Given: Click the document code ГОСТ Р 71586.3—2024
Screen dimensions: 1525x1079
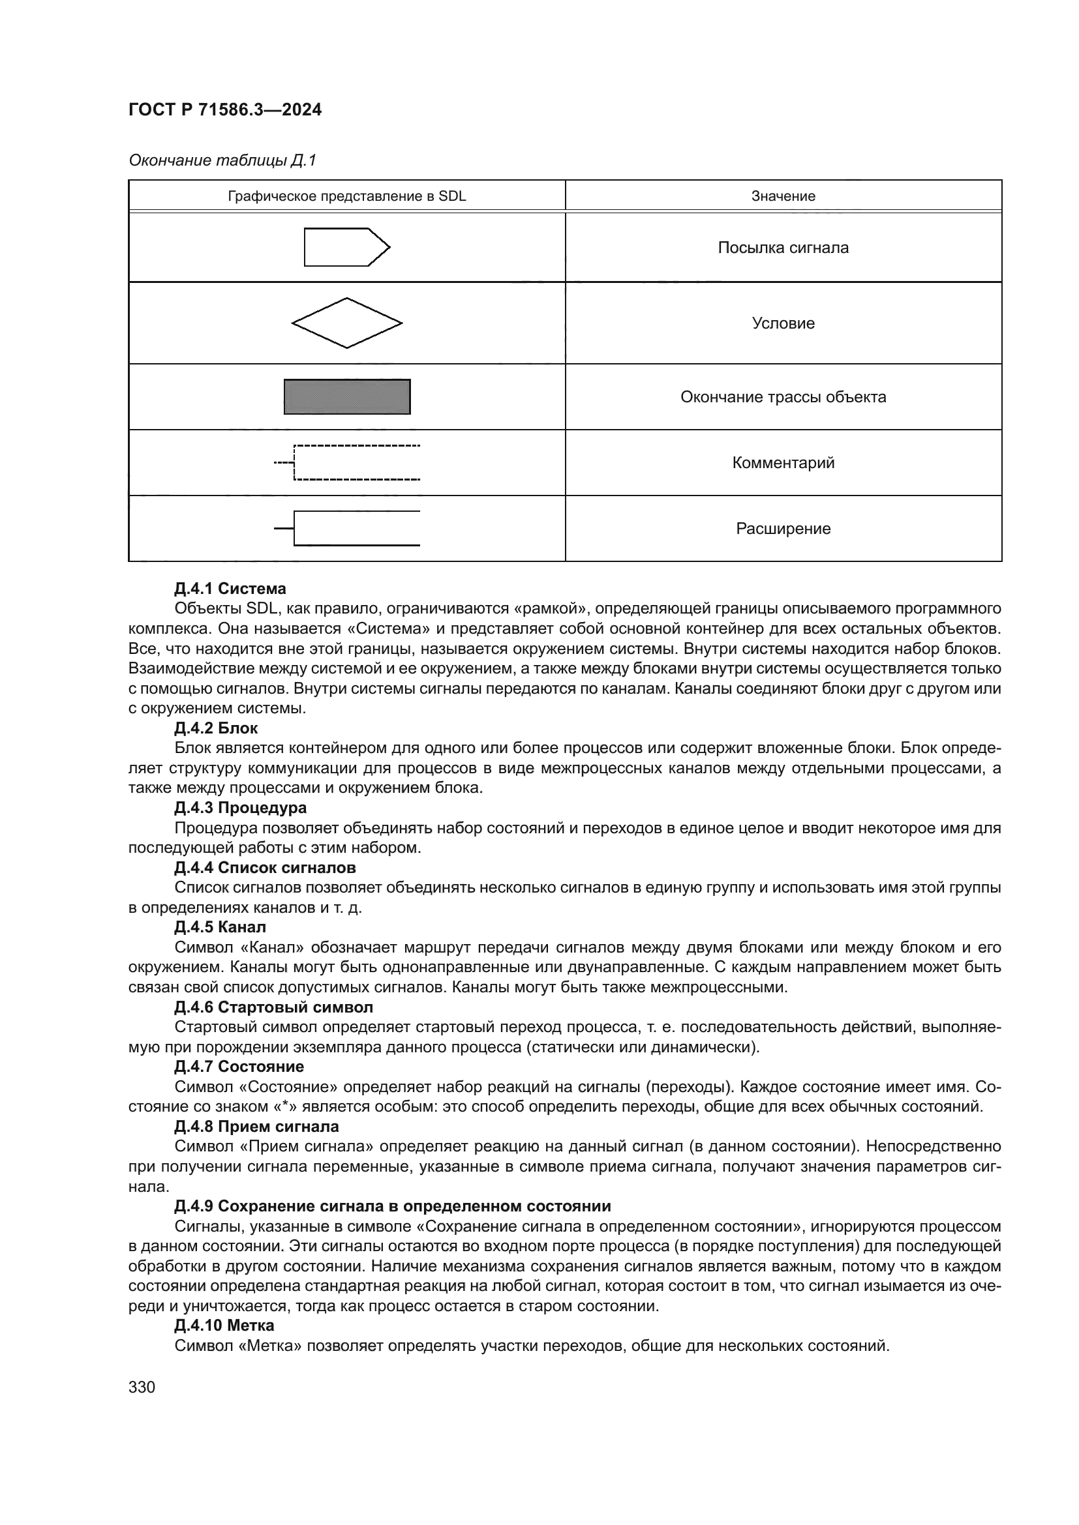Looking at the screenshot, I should pos(224,110).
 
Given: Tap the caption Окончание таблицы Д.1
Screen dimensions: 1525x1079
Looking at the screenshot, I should pos(222,160).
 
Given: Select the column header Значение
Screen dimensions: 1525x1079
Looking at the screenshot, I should pos(783,196).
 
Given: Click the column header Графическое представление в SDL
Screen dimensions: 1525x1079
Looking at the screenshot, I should pos(347,196).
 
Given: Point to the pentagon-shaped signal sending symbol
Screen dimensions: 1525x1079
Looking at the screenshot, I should pos(346,247).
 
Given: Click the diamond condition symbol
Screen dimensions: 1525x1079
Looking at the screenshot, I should pos(347,323).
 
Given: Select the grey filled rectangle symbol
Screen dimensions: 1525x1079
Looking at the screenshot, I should pos(347,396).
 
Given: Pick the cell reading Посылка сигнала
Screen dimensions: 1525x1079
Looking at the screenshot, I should pos(783,248).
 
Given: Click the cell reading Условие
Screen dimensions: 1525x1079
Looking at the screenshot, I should pos(783,323).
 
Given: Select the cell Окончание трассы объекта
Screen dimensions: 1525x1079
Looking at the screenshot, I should pos(783,396).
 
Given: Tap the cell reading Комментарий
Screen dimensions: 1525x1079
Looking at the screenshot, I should pos(783,462).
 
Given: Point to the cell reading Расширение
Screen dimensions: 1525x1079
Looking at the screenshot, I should pos(783,528).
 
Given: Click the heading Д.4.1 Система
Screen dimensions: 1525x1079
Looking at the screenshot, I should pos(230,589).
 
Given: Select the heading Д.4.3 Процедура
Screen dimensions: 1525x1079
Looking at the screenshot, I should pos(240,808).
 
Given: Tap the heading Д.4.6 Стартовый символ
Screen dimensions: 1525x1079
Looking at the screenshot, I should pos(273,1007).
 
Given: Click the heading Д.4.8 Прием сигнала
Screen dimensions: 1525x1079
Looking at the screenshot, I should pos(256,1127).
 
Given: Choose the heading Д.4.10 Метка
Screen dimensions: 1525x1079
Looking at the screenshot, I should pos(224,1325).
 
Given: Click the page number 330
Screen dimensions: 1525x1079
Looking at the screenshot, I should pos(142,1387).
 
